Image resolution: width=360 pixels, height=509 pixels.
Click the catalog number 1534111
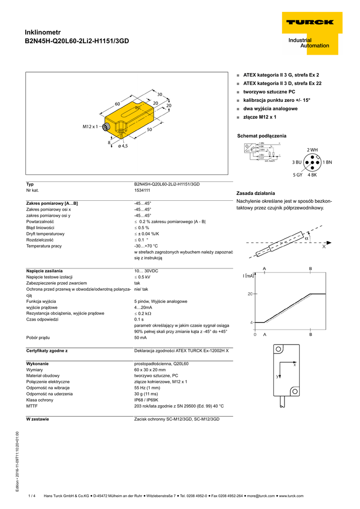pos(143,190)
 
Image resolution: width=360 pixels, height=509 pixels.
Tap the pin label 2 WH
pos(312,150)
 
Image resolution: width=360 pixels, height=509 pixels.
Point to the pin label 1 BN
pos(327,162)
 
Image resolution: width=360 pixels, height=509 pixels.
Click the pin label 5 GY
pos(297,175)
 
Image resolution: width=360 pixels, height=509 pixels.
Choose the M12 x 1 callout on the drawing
pos(91,127)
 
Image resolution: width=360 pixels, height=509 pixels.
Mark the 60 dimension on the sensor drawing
pos(118,103)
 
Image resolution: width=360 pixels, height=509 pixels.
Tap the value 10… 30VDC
pos(146,271)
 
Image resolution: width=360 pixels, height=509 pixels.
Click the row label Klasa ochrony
pos(41,400)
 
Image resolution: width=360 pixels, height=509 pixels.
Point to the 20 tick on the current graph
pos(251,294)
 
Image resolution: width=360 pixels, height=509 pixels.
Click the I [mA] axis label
pos(249,276)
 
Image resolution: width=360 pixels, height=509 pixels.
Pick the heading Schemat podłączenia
pos(262,136)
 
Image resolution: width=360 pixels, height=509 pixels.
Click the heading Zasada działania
pos(256,193)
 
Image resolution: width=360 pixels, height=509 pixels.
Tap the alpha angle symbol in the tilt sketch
pos(307,238)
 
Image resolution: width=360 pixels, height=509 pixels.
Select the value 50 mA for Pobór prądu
pos(141,338)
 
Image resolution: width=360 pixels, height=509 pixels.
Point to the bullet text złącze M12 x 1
pos(260,117)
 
